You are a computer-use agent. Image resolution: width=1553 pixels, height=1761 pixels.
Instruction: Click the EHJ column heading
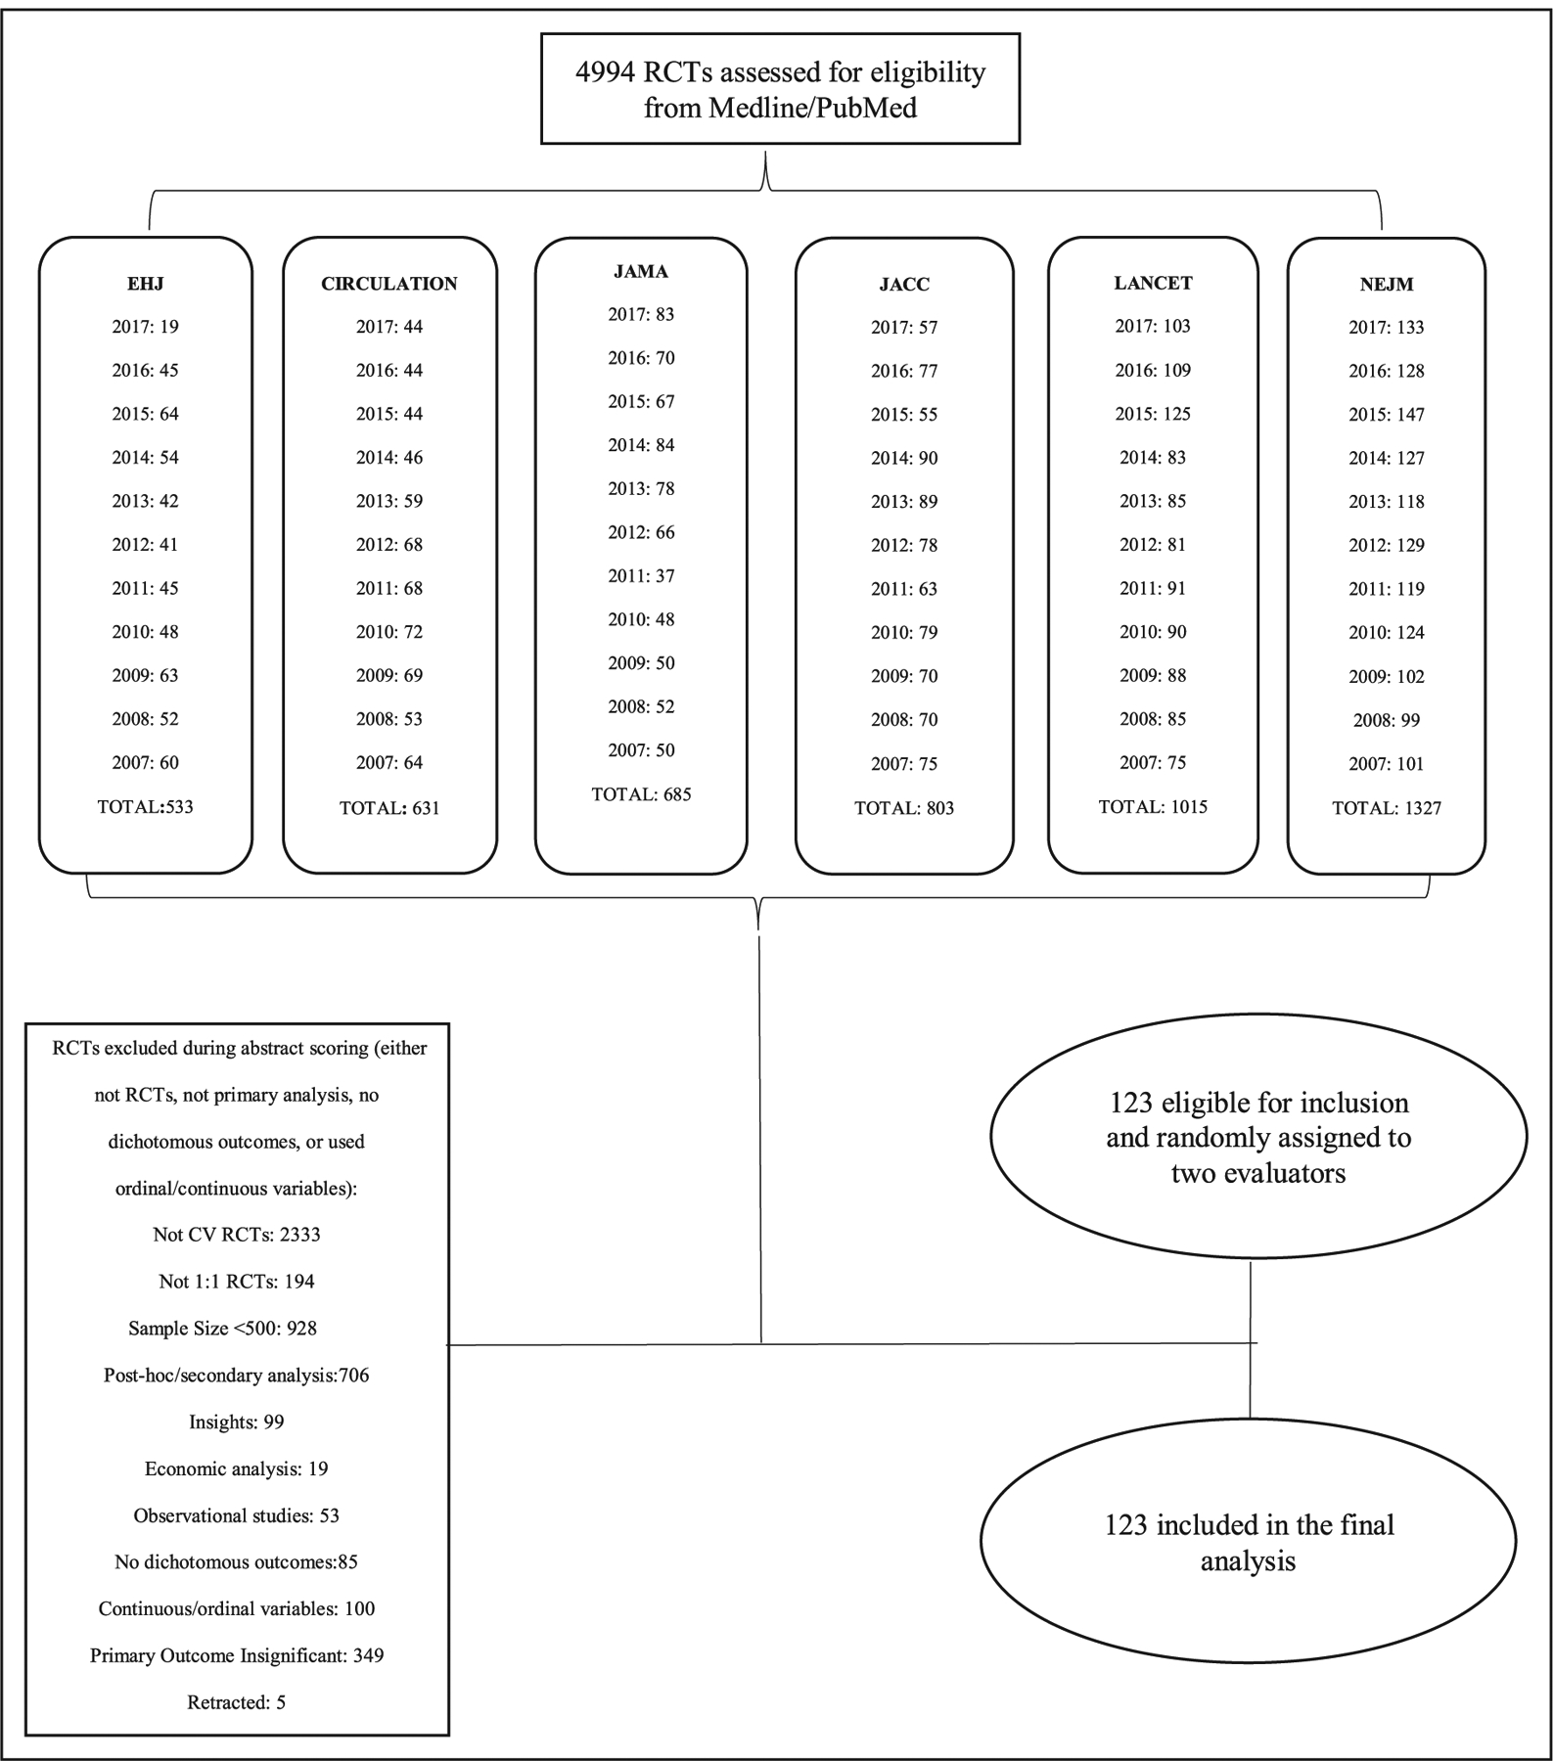(x=145, y=284)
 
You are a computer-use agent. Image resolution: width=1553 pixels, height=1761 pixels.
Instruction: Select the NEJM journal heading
(x=1386, y=285)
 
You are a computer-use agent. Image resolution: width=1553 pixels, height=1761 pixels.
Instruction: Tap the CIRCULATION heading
(x=388, y=284)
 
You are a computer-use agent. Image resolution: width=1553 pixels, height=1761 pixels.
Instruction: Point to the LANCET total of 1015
(x=1153, y=807)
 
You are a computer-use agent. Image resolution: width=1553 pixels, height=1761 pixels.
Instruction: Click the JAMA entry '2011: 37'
(x=641, y=576)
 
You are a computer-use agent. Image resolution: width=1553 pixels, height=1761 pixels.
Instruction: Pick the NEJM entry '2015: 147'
(x=1386, y=415)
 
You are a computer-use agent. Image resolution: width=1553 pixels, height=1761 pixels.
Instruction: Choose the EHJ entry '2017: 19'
(x=145, y=327)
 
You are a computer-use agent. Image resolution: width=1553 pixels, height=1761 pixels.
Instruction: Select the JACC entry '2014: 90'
(x=903, y=458)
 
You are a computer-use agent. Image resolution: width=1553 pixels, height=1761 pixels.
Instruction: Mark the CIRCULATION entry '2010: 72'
(x=388, y=632)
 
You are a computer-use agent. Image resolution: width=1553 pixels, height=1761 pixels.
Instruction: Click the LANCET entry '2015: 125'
(x=1153, y=414)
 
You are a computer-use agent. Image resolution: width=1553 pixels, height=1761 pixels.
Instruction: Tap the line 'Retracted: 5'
(x=236, y=1702)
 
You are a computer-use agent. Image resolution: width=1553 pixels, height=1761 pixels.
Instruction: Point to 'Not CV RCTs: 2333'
(x=236, y=1235)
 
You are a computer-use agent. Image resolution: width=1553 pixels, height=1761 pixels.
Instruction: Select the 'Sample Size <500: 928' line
(x=222, y=1329)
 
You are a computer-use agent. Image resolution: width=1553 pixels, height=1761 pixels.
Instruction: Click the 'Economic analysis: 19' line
(x=236, y=1468)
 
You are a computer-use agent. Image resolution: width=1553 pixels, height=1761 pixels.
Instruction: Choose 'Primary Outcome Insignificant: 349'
(x=236, y=1655)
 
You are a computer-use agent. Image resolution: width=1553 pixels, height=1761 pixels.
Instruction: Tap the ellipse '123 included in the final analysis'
(x=1249, y=1541)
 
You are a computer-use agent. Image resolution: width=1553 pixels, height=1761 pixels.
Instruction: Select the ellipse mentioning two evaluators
(x=1258, y=1137)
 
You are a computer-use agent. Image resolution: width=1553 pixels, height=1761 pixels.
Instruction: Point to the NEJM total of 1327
(x=1386, y=808)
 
